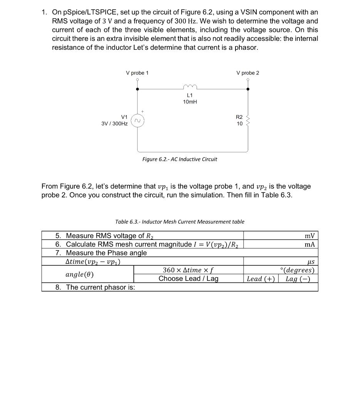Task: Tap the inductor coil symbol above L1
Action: click(x=190, y=87)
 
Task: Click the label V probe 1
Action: click(x=137, y=73)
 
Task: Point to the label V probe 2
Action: click(x=248, y=73)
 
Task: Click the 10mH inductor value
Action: click(x=190, y=102)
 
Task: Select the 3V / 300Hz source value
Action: click(x=114, y=123)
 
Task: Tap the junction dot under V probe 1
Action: click(x=138, y=89)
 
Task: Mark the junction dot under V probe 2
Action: click(x=248, y=89)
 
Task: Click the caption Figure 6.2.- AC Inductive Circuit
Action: click(x=180, y=159)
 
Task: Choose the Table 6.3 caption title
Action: click(x=180, y=222)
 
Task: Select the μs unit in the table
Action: click(x=310, y=262)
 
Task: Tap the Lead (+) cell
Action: click(x=260, y=279)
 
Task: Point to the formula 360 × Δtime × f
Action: click(x=188, y=270)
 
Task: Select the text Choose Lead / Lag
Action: click(x=188, y=279)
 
